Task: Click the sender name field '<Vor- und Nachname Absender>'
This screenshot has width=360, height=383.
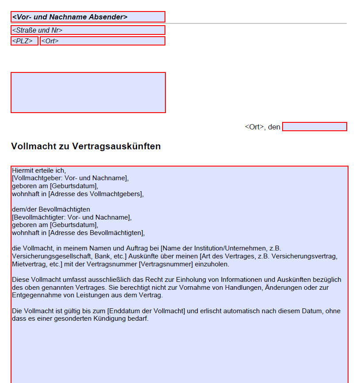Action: coord(88,17)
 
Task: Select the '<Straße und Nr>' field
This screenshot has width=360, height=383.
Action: coord(88,30)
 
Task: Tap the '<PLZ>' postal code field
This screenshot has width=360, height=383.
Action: coord(24,41)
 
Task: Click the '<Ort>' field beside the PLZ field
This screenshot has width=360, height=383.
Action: coord(102,41)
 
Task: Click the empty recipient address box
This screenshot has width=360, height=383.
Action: coord(88,92)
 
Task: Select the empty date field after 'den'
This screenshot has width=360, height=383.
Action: coord(314,127)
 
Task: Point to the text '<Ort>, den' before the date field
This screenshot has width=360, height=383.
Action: coord(262,127)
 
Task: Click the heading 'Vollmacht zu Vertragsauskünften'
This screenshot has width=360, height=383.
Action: coord(86,146)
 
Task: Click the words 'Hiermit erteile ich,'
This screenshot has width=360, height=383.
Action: coord(39,171)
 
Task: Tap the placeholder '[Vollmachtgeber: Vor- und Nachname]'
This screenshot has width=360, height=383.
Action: coord(70,178)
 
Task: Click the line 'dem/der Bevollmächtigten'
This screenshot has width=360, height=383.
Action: coord(51,209)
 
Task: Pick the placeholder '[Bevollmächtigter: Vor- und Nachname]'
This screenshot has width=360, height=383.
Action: coord(72,217)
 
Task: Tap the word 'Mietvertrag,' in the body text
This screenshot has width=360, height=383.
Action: coord(29,264)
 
